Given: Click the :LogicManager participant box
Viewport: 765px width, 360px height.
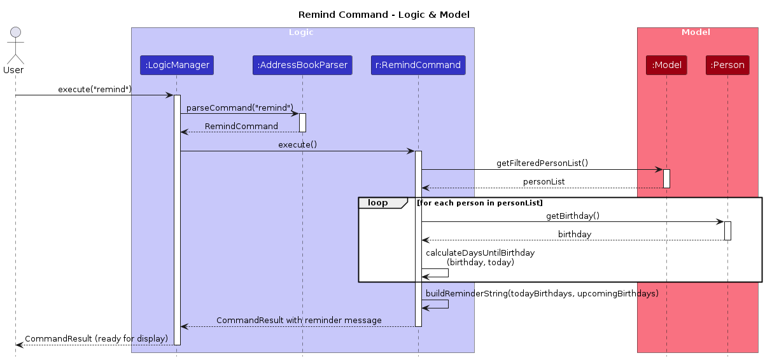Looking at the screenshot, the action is [x=177, y=65].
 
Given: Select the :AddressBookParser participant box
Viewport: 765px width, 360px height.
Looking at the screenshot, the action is [x=302, y=65].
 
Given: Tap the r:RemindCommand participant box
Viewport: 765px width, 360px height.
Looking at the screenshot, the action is [x=418, y=65].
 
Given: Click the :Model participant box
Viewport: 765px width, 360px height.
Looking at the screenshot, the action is [x=666, y=65].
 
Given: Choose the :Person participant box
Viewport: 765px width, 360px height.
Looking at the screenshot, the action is [x=727, y=65].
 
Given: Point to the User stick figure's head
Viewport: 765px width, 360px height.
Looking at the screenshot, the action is [x=15, y=32].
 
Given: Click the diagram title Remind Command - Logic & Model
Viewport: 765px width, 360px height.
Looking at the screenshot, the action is [x=384, y=15].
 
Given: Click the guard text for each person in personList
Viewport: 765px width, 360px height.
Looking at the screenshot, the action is [x=480, y=203].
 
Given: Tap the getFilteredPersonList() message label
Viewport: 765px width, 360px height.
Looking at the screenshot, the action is [x=542, y=163].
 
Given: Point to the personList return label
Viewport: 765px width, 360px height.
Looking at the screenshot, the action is [x=544, y=181].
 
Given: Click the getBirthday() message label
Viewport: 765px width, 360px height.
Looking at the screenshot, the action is [x=573, y=216].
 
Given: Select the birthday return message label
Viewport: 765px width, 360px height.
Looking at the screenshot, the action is [x=575, y=235].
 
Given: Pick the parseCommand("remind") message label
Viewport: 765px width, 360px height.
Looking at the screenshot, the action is [x=240, y=108].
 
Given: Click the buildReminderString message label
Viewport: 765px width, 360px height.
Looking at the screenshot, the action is [x=542, y=293].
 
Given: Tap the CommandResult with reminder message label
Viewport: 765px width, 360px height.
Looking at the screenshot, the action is [x=299, y=321].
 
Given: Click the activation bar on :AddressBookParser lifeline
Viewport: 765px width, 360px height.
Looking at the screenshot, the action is [x=302, y=123].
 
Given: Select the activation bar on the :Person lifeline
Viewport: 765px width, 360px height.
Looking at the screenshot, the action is [x=727, y=231].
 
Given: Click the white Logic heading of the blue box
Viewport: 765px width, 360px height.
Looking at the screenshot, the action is [x=301, y=32].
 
